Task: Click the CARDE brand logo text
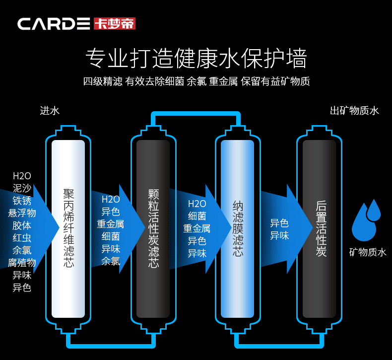click(x=54, y=24)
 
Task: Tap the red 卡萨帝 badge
click(x=114, y=23)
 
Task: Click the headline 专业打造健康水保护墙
click(x=196, y=59)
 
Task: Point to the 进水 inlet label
click(x=50, y=111)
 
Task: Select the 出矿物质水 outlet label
click(x=354, y=111)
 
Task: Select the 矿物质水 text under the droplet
click(x=367, y=253)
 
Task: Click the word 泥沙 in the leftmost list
click(x=22, y=188)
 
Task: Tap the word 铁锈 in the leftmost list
click(x=22, y=201)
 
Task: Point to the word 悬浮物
click(x=22, y=213)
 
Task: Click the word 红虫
click(x=22, y=238)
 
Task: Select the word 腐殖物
click(x=22, y=263)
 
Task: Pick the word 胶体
click(x=22, y=225)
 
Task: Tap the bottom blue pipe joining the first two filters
click(x=111, y=344)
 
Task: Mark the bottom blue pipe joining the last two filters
click(x=279, y=344)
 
